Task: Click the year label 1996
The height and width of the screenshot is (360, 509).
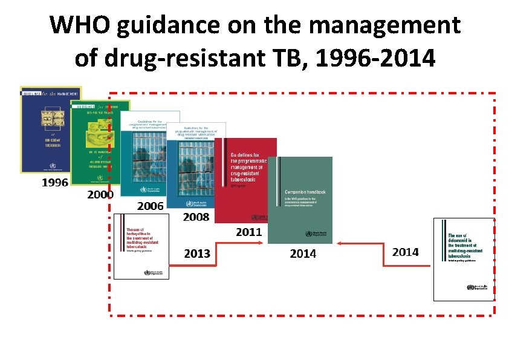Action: pos(54,183)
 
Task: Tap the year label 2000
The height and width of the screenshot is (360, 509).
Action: pos(100,195)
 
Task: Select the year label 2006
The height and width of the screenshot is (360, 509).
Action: pos(150,206)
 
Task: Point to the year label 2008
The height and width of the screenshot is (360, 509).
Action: pos(196,217)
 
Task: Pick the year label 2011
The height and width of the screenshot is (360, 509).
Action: pos(248,231)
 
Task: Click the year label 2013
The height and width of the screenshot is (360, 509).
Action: pos(198,254)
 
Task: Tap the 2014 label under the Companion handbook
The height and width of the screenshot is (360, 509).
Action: pos(303,254)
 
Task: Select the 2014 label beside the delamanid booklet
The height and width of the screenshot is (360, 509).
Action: pos(405,252)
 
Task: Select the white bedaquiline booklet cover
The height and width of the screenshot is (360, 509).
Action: pos(142,247)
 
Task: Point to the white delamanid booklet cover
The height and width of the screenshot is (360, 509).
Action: pos(464,259)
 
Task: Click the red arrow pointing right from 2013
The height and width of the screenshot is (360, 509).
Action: pos(236,243)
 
